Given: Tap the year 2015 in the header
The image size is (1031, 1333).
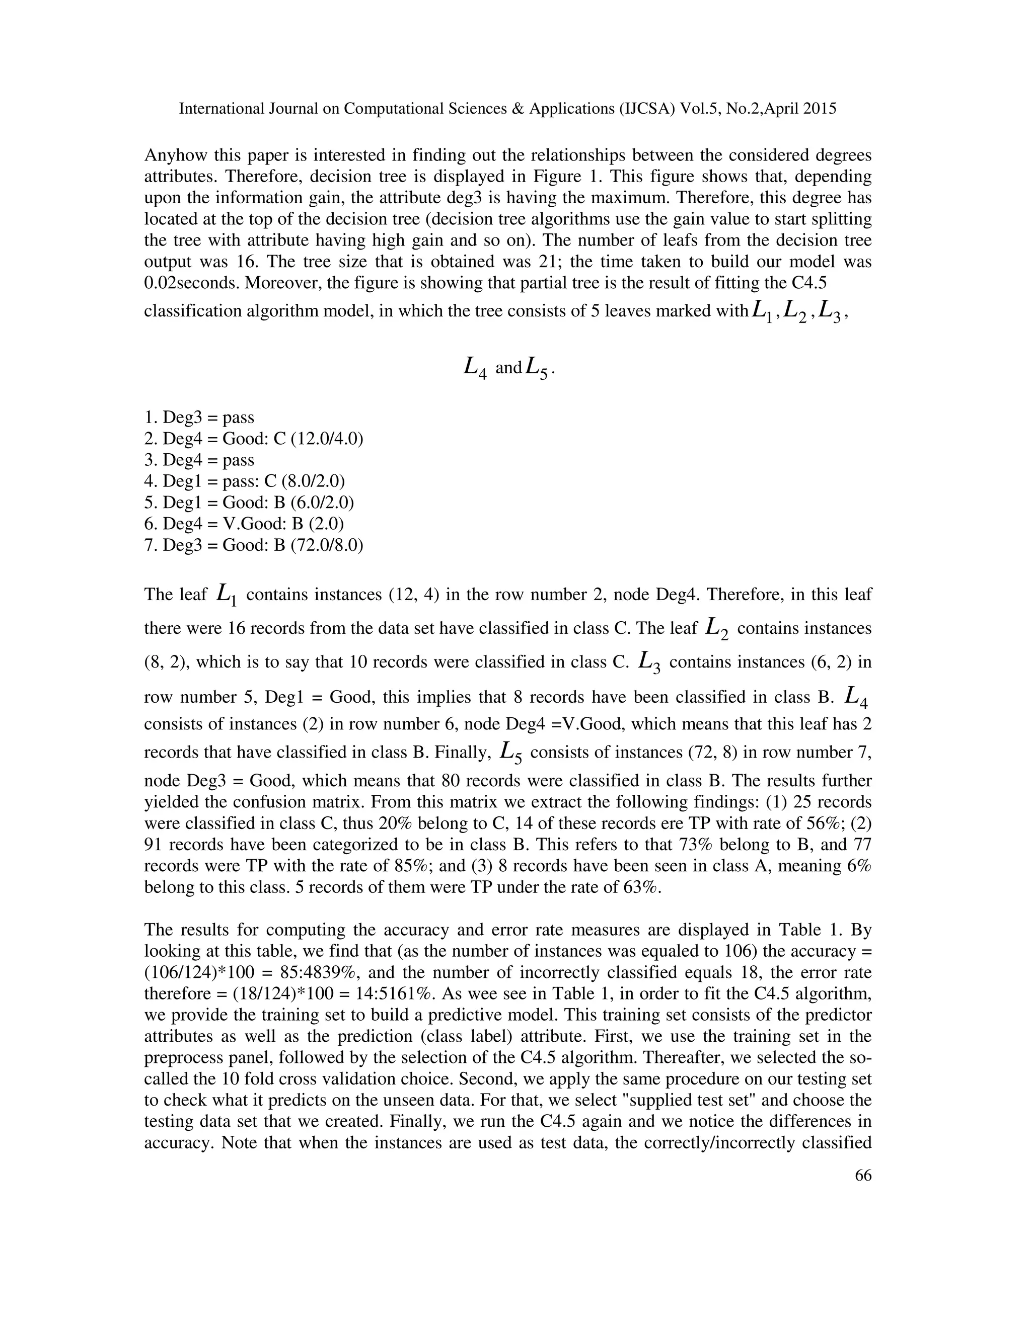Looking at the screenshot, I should (817, 109).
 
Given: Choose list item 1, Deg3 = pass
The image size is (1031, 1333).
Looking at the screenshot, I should (199, 418).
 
